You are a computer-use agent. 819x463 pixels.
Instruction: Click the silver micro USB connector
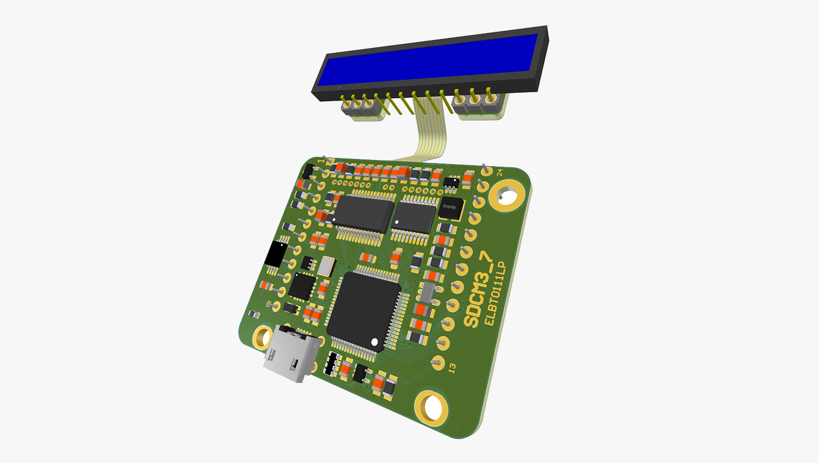[x=292, y=354]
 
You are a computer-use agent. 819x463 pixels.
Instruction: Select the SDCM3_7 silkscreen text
[x=479, y=290]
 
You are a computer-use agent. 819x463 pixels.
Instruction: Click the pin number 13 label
[x=452, y=368]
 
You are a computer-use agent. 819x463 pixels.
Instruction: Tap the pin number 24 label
[x=500, y=172]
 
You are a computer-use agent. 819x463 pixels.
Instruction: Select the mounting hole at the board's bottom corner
[x=432, y=407]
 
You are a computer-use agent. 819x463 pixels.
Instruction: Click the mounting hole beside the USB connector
[x=263, y=337]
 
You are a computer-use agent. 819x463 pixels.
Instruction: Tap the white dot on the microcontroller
[x=374, y=342]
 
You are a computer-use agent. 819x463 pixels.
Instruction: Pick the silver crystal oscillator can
[x=327, y=266]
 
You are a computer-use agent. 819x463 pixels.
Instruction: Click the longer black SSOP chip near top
[x=365, y=213]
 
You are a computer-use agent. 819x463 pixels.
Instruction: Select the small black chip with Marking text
[x=451, y=209]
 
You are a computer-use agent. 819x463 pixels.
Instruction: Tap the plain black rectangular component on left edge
[x=277, y=254]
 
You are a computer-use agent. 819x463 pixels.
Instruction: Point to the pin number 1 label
[x=320, y=161]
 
